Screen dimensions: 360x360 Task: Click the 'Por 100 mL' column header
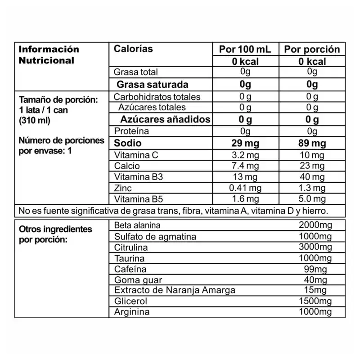pos(245,49)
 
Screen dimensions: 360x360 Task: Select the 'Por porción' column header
pos(312,49)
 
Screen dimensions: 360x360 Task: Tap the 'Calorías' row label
pos(133,49)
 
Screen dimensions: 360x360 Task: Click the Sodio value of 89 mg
pos(312,144)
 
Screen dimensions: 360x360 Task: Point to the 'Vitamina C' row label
pos(136,155)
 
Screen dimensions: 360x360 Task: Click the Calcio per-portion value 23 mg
pos(312,166)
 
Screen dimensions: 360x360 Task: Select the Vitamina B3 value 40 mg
pos(312,177)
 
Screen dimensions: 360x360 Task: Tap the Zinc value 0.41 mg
pos(245,188)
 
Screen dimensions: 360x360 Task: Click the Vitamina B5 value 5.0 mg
pos(312,199)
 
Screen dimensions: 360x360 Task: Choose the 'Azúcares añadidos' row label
pos(165,119)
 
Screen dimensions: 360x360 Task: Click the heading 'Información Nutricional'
pos(49,54)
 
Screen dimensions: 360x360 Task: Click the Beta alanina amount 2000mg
pos(315,225)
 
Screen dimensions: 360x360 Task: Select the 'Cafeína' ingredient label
pos(130,269)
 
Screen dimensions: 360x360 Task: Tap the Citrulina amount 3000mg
pos(315,247)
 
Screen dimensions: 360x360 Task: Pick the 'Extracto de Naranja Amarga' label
pos(175,290)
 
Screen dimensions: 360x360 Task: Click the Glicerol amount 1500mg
pos(315,301)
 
